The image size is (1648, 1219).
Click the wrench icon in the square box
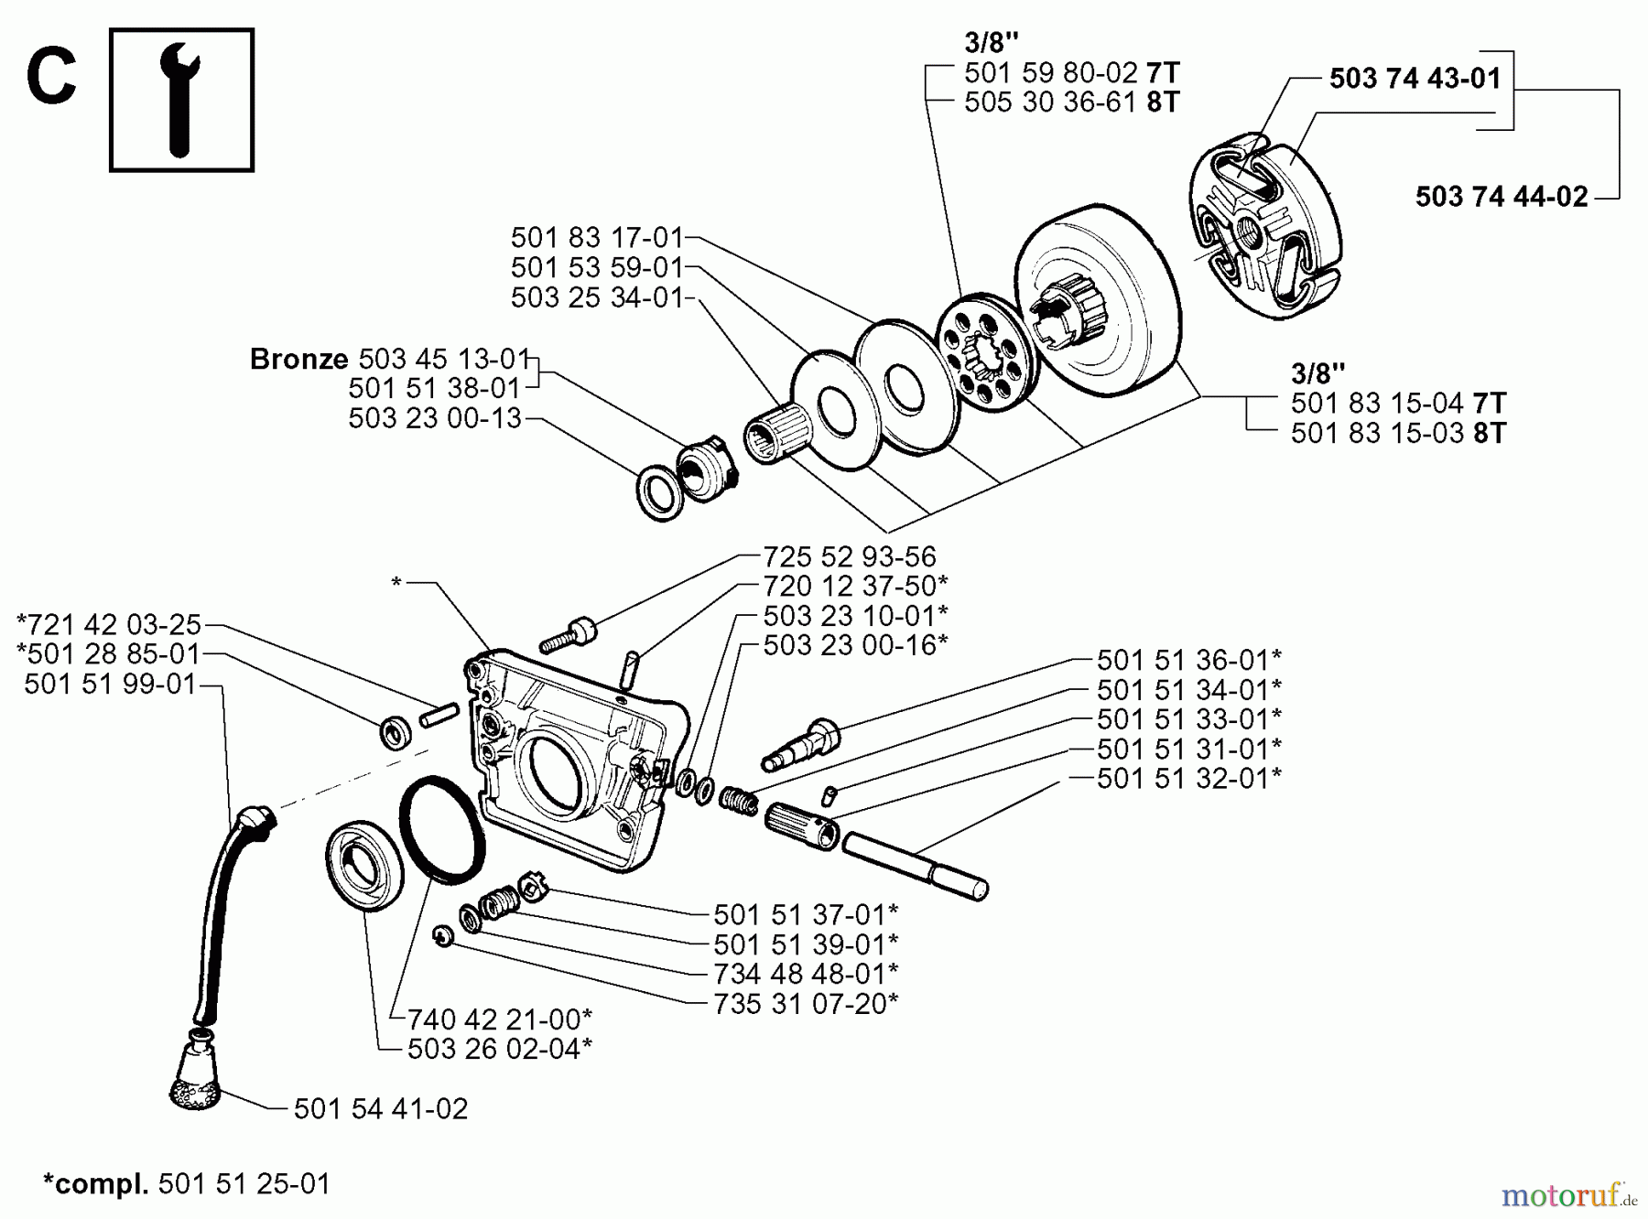click(181, 101)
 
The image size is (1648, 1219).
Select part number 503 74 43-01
click(1415, 79)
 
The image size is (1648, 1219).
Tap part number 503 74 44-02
click(1501, 197)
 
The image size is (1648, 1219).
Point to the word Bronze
click(298, 359)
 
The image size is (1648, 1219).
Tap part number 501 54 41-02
click(380, 1109)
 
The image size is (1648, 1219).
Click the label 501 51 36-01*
click(1188, 660)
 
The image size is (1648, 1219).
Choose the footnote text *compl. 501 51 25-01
click(187, 1183)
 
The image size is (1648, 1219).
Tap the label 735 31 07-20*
click(806, 1004)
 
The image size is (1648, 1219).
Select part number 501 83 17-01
click(597, 238)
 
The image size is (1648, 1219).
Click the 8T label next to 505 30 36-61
click(1163, 102)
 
